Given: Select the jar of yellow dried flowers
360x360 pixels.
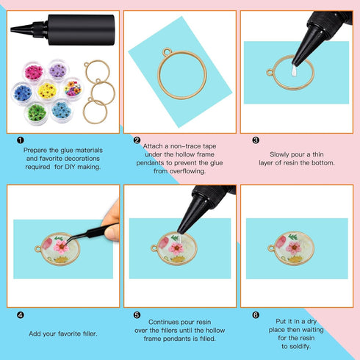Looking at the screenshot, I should point(47,90).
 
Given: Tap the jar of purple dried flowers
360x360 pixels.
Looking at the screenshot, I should point(57,72).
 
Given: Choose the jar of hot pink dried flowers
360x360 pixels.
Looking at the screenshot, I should point(34,73).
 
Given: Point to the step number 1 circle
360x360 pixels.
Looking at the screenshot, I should point(19,140).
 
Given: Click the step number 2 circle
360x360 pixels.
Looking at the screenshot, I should point(137,140).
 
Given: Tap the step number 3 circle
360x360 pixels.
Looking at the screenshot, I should point(255,140).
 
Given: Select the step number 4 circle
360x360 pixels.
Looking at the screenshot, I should point(19,314).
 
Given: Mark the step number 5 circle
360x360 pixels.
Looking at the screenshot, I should point(137,314).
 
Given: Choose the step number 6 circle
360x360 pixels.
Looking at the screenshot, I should point(255,314).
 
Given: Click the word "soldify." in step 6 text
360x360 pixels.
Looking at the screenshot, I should point(296,346).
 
